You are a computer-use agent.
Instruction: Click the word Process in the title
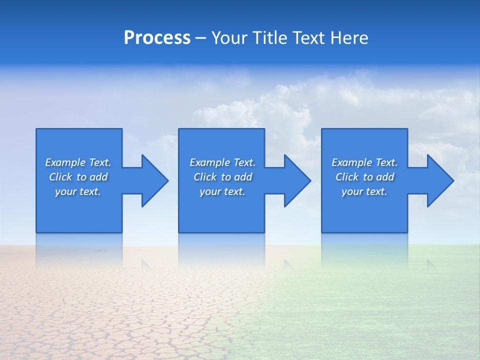coord(157,38)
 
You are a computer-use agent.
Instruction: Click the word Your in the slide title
coord(229,38)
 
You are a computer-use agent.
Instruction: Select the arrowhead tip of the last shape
coord(453,181)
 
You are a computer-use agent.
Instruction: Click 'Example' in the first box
coord(65,162)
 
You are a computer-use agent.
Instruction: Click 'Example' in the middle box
coord(210,162)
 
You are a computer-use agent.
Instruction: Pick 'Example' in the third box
coord(352,162)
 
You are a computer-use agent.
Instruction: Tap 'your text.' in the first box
coord(78,191)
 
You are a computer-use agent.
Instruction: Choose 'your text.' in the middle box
coord(222,191)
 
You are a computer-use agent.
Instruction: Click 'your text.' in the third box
coord(364,191)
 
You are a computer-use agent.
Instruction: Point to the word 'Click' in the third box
coord(347,177)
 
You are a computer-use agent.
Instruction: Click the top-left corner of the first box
coord(36,129)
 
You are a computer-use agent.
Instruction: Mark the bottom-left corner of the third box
coord(322,232)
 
